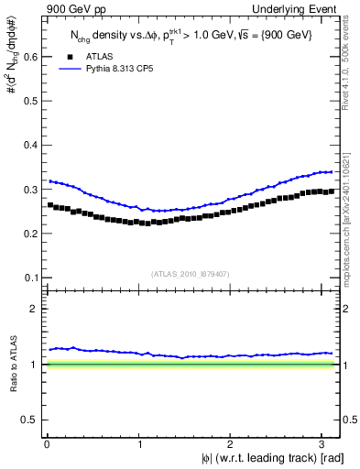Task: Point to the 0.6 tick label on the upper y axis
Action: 29,57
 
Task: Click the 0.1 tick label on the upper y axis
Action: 29,278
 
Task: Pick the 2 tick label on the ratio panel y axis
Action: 34,309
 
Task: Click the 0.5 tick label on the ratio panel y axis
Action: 29,420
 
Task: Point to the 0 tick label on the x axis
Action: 47,442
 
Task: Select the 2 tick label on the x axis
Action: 232,442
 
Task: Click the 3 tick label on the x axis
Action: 324,442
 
